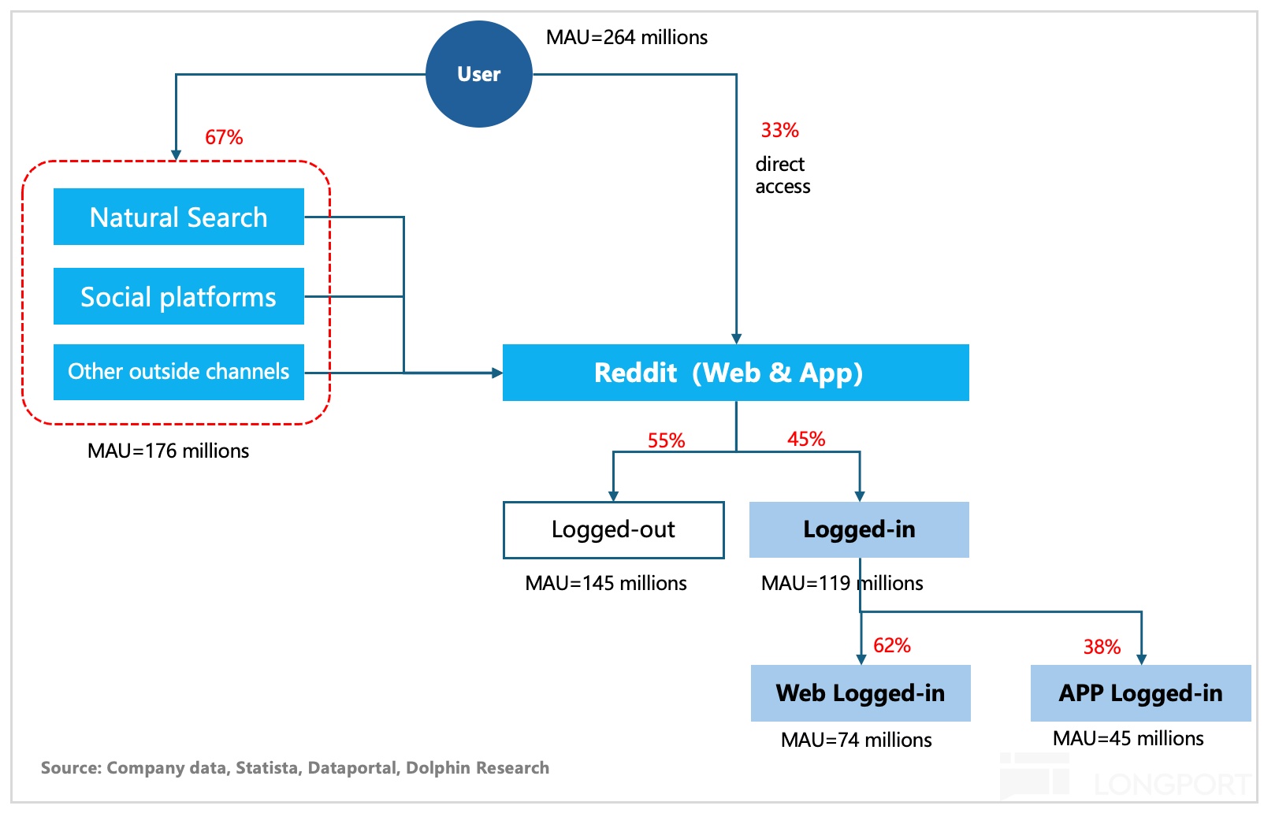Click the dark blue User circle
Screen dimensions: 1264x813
pyautogui.click(x=478, y=74)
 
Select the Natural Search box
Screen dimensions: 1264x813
pyautogui.click(x=179, y=217)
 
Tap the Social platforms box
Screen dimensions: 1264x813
pyautogui.click(x=179, y=296)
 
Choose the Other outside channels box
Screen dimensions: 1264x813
pyautogui.click(x=179, y=372)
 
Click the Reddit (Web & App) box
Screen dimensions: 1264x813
pyautogui.click(x=736, y=373)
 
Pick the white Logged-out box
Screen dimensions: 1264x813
pyautogui.click(x=613, y=529)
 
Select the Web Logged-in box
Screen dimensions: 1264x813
pyautogui.click(x=861, y=692)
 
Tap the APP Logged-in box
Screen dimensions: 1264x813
pyautogui.click(x=1140, y=692)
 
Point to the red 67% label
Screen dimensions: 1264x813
pyautogui.click(x=224, y=137)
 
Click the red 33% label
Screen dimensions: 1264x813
pyautogui.click(x=780, y=130)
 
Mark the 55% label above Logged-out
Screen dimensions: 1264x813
pyautogui.click(x=666, y=440)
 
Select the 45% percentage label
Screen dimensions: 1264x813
pyautogui.click(x=806, y=439)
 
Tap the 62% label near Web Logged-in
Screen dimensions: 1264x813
pyautogui.click(x=891, y=645)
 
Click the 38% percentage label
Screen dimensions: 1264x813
pyautogui.click(x=1102, y=647)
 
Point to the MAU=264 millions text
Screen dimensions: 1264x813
pyautogui.click(x=626, y=37)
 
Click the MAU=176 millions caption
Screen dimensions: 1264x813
pyautogui.click(x=168, y=451)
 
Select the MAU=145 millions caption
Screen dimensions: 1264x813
pyautogui.click(x=605, y=583)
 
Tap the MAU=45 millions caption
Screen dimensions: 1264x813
pyautogui.click(x=1128, y=738)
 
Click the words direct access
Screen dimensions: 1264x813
pyautogui.click(x=783, y=175)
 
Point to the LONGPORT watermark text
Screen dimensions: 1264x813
pyautogui.click(x=1172, y=784)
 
